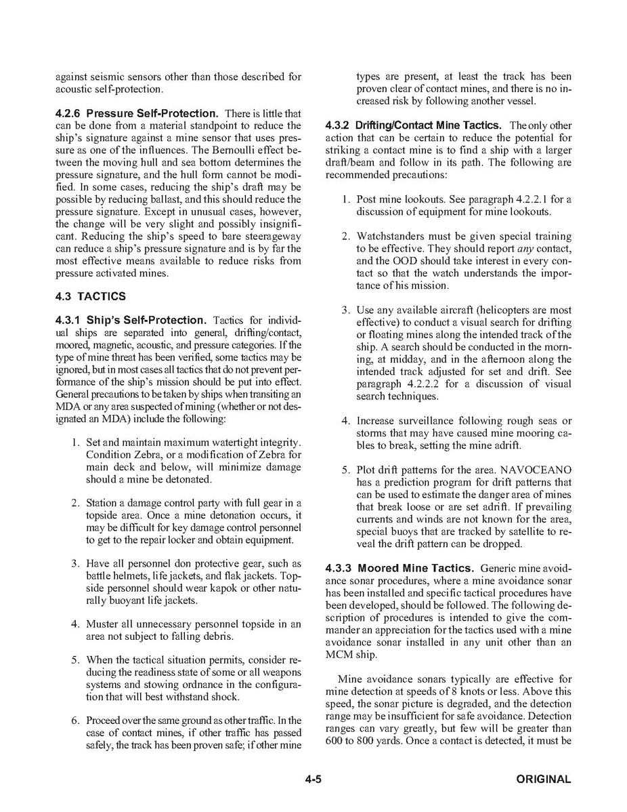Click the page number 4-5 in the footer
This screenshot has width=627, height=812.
pyautogui.click(x=313, y=779)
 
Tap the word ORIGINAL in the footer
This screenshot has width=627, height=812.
pyautogui.click(x=543, y=779)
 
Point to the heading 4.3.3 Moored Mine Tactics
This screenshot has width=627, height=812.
pyautogui.click(x=401, y=568)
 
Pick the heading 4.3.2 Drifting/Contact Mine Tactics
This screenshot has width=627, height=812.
pyautogui.click(x=413, y=125)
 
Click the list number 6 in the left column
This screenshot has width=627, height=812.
pyautogui.click(x=75, y=720)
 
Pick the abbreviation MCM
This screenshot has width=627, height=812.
pyautogui.click(x=339, y=654)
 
